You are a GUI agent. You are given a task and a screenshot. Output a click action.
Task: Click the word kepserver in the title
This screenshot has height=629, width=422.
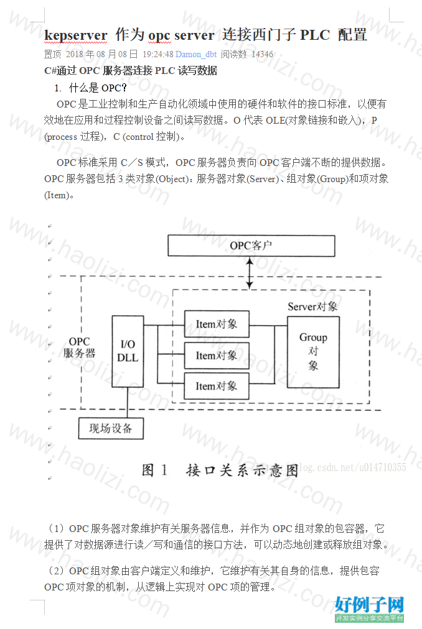coord(76,35)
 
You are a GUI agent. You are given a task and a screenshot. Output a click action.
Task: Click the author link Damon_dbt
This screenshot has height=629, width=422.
coord(196,54)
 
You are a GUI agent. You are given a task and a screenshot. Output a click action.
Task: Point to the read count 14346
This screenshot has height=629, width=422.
coord(263,54)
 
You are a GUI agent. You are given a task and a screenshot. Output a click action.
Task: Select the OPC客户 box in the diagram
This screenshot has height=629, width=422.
coord(251,246)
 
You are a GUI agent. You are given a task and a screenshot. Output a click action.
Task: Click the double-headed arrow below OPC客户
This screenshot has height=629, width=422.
coord(250,273)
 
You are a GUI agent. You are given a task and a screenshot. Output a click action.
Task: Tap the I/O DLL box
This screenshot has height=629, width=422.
coord(128,351)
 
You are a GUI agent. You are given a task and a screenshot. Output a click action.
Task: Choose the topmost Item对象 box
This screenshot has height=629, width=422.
coord(217,324)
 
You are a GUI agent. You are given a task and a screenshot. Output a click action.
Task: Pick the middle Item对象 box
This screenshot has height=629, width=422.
coord(217,356)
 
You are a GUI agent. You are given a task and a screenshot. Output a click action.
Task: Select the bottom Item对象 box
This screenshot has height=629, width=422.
coord(217,386)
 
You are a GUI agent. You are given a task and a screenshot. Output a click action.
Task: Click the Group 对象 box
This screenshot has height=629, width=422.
coord(314,352)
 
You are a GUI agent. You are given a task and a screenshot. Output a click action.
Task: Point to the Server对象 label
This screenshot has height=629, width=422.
coord(312,307)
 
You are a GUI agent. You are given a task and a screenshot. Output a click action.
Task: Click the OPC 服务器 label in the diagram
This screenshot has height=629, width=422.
coord(80,347)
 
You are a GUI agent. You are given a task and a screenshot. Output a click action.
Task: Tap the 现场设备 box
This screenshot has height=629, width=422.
coord(111,428)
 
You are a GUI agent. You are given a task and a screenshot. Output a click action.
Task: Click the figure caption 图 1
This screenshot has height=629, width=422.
coord(154,470)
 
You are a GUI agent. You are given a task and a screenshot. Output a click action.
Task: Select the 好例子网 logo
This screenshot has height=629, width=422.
coord(369,609)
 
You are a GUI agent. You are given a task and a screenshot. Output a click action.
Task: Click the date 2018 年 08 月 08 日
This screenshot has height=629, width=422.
coord(101,54)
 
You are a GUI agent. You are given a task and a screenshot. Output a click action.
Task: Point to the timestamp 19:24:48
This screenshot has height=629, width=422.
coord(158,54)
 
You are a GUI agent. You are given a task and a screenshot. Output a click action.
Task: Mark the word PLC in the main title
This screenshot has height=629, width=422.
coord(315,35)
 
